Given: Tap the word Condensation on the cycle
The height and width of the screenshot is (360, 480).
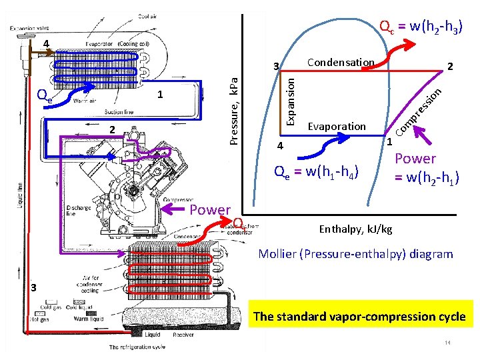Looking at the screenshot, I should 341,63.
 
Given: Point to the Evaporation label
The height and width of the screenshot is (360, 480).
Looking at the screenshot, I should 337,126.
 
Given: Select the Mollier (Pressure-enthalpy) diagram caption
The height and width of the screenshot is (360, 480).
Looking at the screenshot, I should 355,254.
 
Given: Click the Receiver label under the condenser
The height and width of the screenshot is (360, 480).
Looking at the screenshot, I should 182,335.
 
